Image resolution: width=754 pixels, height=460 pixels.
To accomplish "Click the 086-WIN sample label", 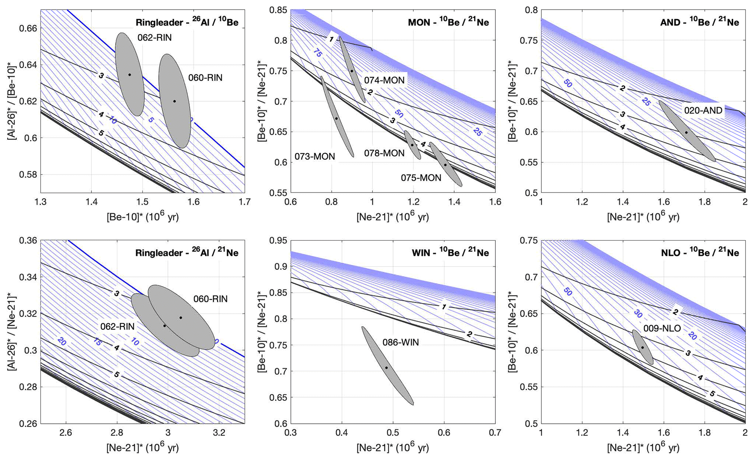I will (401, 342).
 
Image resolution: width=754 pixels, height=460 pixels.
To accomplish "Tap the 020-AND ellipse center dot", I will (686, 133).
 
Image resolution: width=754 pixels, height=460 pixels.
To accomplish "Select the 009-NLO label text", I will (662, 329).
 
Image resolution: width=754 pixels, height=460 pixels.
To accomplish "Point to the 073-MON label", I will (314, 157).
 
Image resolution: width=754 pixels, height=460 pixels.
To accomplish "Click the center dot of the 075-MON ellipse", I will (445, 165).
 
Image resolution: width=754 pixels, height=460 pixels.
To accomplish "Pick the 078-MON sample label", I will (384, 153).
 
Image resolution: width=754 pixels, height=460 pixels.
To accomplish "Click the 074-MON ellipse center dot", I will (352, 71).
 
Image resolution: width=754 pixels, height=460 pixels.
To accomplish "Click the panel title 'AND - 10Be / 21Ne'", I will (699, 22).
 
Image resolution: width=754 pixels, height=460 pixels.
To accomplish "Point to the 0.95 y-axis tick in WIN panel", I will (278, 241).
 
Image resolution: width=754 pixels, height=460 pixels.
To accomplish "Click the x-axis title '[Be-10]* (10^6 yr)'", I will (143, 217).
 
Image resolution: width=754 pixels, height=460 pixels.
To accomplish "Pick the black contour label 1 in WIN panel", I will (444, 307).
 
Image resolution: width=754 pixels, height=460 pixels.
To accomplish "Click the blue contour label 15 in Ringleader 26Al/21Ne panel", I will (97, 342).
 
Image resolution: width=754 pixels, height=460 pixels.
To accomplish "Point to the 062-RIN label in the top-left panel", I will (154, 38).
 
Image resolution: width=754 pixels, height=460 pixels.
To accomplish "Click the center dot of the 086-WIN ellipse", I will (386, 368).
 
